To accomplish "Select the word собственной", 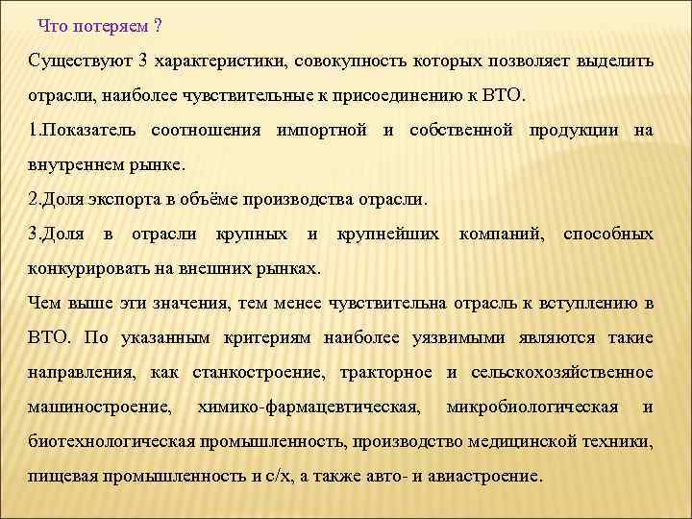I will point(460,130).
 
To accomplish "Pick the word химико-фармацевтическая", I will point(308,407).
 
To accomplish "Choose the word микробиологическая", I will point(532,407).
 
